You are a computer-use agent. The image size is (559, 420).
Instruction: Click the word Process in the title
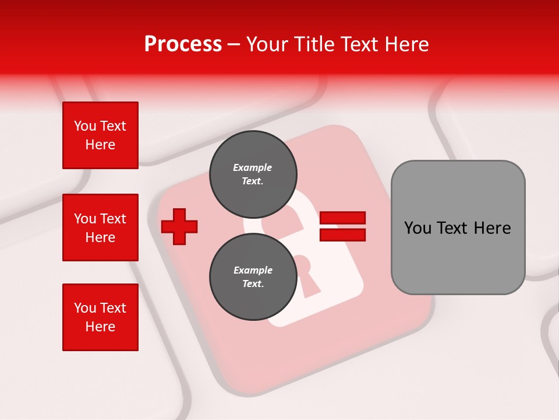183,44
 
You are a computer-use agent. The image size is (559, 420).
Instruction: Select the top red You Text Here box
100,135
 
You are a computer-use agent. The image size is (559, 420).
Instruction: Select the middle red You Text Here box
100,228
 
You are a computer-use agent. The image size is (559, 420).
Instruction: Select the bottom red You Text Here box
100,317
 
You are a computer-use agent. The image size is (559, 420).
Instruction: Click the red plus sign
179,226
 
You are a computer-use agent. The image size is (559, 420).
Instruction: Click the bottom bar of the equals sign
342,235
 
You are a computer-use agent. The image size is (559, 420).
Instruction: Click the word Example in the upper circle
253,167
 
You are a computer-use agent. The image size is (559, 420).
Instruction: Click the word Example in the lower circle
253,270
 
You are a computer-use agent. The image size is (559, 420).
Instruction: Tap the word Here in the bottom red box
100,327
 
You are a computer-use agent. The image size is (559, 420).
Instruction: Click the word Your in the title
268,44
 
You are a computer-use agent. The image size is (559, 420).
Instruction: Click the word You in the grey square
418,228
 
